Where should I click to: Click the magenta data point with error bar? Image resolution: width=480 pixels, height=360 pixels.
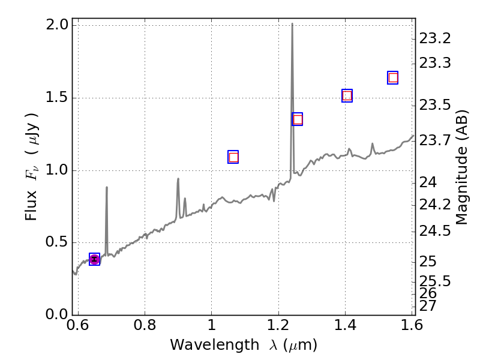(x=94, y=259)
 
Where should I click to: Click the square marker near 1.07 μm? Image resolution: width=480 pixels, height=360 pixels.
(x=233, y=157)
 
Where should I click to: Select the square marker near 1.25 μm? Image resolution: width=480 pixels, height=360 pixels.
(x=297, y=119)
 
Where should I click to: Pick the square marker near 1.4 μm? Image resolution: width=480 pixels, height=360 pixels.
(x=347, y=96)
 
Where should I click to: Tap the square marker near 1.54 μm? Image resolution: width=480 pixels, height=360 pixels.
(x=393, y=77)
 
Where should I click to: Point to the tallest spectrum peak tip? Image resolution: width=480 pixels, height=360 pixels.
(x=292, y=24)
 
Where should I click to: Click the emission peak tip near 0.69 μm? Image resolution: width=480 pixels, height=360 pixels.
(x=107, y=187)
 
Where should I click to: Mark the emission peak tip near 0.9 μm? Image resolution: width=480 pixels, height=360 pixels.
(x=178, y=178)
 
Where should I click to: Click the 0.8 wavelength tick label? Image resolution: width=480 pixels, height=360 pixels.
(x=145, y=326)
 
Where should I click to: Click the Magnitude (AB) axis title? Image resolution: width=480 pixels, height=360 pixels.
(x=462, y=167)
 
